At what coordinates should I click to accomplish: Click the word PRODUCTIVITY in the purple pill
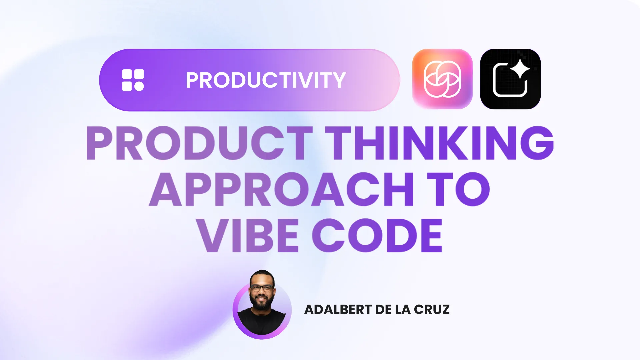click(266, 80)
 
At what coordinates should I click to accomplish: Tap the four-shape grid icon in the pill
click(133, 80)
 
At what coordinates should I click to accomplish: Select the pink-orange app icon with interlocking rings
click(442, 79)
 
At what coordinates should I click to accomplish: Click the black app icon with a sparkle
click(510, 79)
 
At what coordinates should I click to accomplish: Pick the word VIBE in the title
click(248, 235)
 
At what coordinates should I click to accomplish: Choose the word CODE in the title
click(377, 235)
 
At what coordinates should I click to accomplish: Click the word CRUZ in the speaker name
click(432, 310)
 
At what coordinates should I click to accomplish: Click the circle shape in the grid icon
click(139, 86)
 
